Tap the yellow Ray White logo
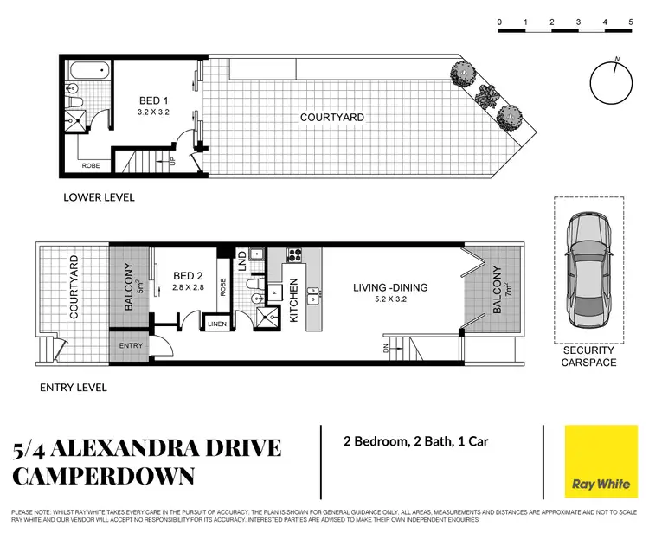600,463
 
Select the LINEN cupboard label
217,324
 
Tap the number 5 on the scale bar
630,22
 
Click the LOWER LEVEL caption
99,197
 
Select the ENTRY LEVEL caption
74,388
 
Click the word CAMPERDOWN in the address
104,476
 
